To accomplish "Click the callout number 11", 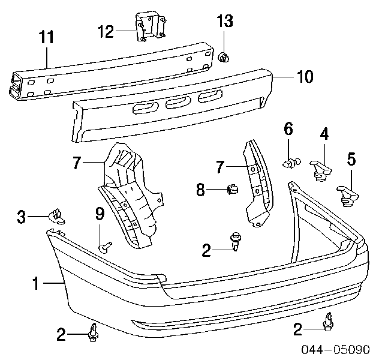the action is pos(47,37).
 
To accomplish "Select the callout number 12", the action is pos(106,31).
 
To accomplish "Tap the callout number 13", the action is pos(225,21).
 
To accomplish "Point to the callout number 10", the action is pos(305,77).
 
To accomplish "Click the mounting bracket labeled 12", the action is pos(151,26).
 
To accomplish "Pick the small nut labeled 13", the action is pos(224,58).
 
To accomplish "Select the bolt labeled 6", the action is pos(291,163).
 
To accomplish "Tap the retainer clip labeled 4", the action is pos(321,170).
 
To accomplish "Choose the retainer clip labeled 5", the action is pos(348,196).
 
